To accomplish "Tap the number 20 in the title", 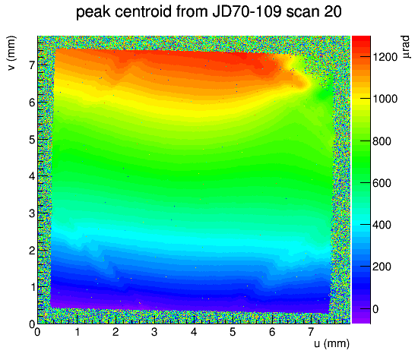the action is point(333,11).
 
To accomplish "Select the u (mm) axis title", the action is point(331,343).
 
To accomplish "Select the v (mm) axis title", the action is point(11,53).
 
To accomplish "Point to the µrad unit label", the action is point(406,47).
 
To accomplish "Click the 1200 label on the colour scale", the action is point(385,57).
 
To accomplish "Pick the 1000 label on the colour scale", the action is point(385,99).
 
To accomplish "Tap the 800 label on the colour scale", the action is point(382,141).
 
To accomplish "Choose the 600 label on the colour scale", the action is point(382,183).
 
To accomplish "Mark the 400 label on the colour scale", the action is point(382,225).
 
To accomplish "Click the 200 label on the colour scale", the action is point(382,267).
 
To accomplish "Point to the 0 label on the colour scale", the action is point(375,309).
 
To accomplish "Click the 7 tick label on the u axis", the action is point(311,332).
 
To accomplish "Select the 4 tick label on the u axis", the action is point(194,332).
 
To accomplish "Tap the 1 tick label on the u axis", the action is point(78,332).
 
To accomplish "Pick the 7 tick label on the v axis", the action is point(32,65).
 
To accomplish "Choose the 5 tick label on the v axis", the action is point(32,139).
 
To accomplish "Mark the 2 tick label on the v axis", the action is point(32,251).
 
